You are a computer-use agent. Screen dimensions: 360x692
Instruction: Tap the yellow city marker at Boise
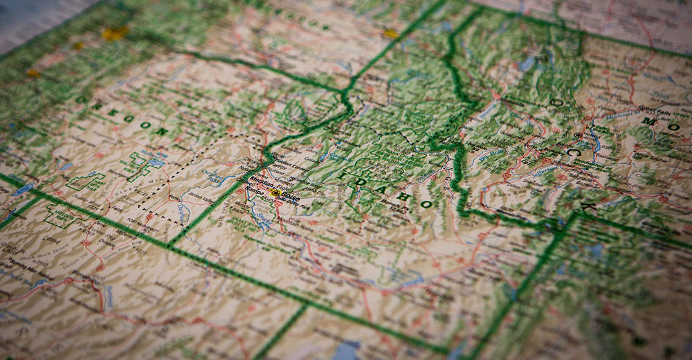coord(276,193)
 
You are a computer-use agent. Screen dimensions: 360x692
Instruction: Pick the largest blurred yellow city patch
coord(114,33)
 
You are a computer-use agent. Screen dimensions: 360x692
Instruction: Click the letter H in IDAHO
coord(405,196)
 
